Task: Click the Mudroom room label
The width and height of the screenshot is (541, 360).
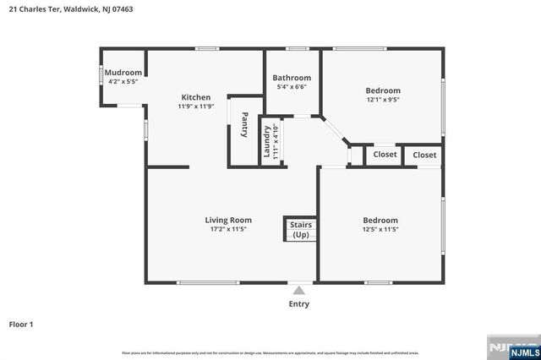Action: (123, 73)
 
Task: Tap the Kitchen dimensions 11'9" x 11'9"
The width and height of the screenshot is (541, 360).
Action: (196, 107)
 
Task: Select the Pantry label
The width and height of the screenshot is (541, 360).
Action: (244, 124)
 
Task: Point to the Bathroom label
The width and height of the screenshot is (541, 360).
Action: (292, 78)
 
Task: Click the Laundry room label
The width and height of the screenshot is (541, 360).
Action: (267, 141)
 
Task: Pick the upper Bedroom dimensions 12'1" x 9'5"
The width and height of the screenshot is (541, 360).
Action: (383, 100)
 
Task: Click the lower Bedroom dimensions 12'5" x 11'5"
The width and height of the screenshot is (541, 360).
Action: (380, 228)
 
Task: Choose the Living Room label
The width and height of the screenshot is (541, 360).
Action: (229, 220)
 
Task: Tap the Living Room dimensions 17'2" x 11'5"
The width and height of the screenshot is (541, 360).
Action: (229, 229)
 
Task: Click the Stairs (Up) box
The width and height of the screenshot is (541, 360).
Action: (301, 229)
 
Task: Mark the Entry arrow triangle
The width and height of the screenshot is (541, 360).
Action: (298, 291)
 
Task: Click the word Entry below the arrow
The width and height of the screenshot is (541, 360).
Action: (298, 304)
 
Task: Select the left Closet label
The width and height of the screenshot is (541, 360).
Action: (385, 155)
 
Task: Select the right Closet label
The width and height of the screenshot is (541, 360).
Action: (424, 155)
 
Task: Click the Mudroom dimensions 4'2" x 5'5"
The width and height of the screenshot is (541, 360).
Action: (123, 82)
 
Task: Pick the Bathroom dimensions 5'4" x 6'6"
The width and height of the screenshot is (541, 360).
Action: (292, 87)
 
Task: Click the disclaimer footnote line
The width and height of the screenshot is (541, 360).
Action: (270, 352)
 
